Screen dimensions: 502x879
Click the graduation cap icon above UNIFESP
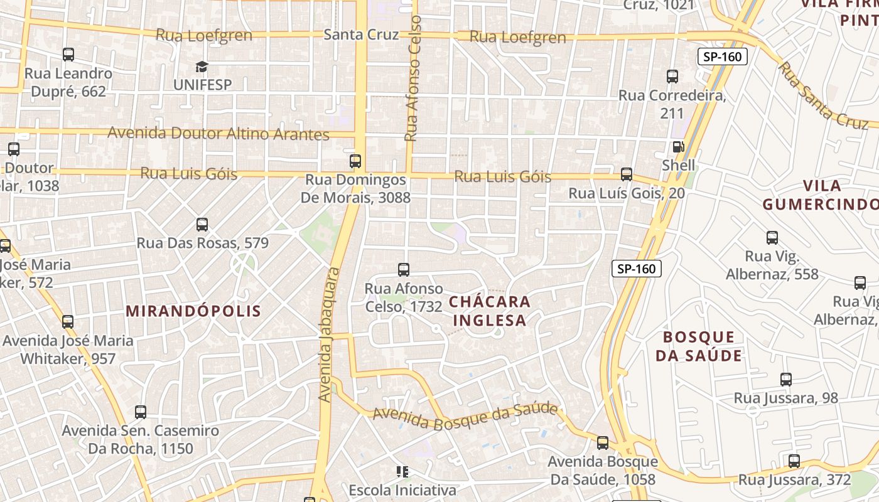[x=202, y=67]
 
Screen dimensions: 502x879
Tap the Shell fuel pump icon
[x=679, y=147]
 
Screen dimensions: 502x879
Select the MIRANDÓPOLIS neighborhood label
[x=193, y=311]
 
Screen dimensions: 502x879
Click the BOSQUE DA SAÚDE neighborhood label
[x=699, y=346]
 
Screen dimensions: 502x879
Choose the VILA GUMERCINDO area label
[x=821, y=195]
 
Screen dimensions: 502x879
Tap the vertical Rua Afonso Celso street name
[x=413, y=78]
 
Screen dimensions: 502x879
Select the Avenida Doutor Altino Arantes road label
[x=218, y=134]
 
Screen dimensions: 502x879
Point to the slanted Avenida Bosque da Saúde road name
[x=465, y=415]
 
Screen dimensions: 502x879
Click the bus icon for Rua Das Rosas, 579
[x=202, y=225]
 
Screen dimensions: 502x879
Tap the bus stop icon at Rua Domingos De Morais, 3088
[x=356, y=161]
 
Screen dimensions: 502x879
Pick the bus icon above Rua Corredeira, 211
[x=672, y=77]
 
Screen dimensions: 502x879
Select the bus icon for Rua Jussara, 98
[x=786, y=379]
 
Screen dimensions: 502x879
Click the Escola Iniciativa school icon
[x=402, y=471]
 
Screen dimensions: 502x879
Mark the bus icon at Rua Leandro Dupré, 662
[x=68, y=55]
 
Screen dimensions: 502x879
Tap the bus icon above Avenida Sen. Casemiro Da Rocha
[x=141, y=412]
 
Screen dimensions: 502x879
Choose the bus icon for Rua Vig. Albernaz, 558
[x=772, y=238]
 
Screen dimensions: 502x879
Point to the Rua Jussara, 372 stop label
[x=794, y=480]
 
